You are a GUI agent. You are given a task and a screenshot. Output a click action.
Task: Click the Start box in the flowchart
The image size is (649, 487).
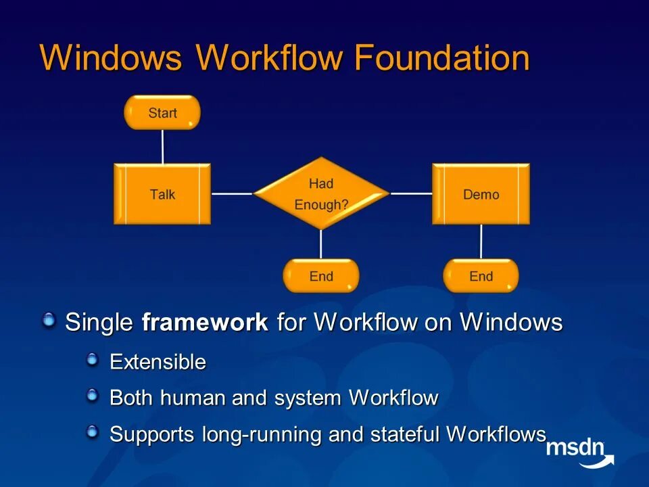coord(162,112)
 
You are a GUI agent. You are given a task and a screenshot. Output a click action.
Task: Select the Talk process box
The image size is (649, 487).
coord(162,194)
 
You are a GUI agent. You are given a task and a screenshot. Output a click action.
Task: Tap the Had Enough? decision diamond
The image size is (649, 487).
coord(321,193)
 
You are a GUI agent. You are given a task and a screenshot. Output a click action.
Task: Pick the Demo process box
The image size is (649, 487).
coord(481,194)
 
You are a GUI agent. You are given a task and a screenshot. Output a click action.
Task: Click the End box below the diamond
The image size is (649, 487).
coord(321,276)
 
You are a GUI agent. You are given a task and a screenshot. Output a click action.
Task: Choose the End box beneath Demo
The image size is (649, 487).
coord(481,276)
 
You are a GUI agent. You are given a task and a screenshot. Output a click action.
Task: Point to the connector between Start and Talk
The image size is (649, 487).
coord(163,146)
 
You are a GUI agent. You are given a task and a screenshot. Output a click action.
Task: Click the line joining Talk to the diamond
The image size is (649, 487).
coord(232,194)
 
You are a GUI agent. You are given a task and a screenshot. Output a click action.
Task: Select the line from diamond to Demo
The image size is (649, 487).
coord(411,193)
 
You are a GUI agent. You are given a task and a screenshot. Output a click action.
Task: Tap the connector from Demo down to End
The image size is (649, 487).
coord(481,241)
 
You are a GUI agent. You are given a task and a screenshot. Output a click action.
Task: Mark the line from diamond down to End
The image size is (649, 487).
coord(321,244)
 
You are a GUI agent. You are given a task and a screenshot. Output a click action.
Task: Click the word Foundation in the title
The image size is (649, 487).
coord(441,58)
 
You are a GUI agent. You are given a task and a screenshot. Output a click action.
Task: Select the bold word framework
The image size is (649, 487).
coord(205,323)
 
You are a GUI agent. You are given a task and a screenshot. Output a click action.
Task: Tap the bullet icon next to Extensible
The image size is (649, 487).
coord(93,360)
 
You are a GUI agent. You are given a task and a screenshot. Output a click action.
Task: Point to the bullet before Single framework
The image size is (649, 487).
coord(49,320)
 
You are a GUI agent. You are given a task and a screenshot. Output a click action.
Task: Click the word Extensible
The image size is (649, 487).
coord(158,363)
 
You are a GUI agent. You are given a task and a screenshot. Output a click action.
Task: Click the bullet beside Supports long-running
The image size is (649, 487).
coord(93,432)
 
